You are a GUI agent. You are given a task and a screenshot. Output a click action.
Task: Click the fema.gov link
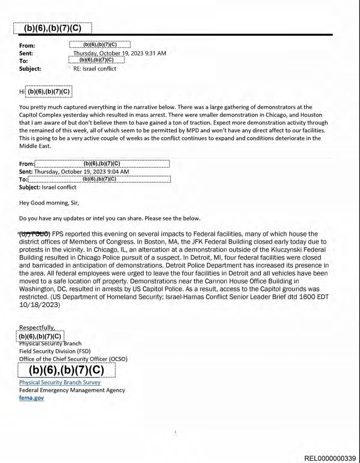31,398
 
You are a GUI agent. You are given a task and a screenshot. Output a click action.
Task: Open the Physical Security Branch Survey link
60,382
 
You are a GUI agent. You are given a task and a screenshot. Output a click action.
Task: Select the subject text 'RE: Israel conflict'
95,68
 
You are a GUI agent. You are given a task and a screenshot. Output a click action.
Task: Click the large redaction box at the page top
52,28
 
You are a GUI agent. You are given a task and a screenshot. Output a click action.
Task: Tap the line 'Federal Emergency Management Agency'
72,390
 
